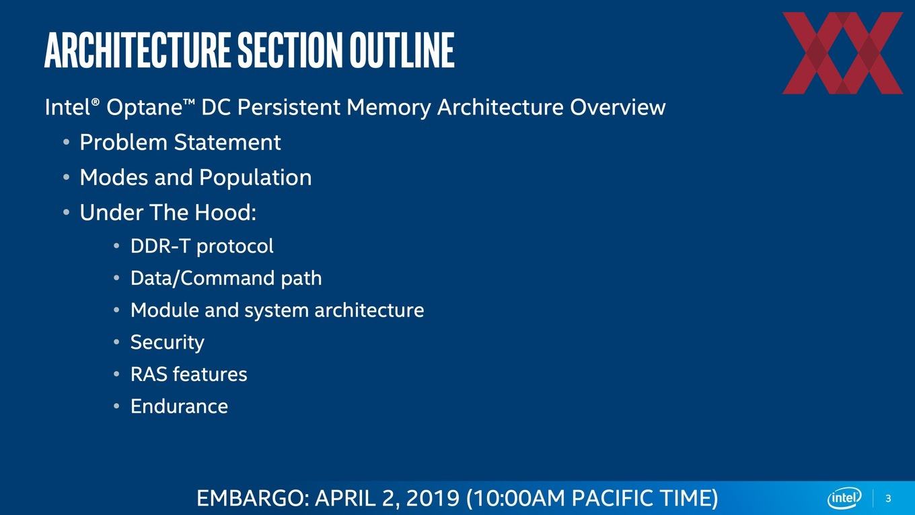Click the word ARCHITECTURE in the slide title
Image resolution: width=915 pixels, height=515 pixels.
[137, 50]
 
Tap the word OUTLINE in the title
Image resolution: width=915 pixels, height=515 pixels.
[402, 50]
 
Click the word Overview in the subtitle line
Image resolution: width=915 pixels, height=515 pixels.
[618, 108]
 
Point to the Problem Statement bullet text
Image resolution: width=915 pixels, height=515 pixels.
[180, 142]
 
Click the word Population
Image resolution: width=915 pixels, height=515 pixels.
[255, 178]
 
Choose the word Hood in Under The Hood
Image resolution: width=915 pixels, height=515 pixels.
[225, 213]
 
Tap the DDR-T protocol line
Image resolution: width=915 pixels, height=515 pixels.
[202, 246]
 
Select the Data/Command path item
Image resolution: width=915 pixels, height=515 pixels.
[226, 279]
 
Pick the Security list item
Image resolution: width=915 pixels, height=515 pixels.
[167, 343]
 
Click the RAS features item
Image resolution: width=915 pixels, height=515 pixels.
[188, 374]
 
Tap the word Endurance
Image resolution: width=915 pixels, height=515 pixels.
[180, 407]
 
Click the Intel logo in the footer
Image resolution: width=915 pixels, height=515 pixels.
[844, 498]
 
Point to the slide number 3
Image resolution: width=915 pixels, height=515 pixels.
[889, 499]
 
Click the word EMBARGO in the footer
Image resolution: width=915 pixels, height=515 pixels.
[253, 498]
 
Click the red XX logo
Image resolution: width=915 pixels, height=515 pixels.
[842, 53]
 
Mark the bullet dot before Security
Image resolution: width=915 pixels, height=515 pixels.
[116, 342]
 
